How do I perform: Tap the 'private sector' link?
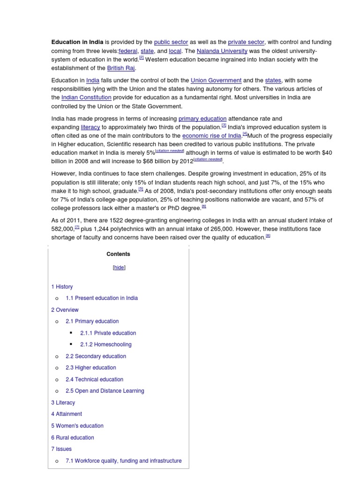246,42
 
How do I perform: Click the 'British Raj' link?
121,68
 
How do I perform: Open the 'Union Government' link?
216,81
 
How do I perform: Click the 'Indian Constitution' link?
86,97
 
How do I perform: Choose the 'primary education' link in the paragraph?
202,119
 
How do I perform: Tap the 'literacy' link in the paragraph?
90,127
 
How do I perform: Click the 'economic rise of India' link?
212,135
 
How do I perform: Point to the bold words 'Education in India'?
77,42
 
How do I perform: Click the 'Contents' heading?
118,254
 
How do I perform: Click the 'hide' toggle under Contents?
119,268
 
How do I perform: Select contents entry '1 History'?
62,287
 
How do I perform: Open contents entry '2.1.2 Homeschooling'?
105,345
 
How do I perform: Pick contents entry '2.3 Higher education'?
90,368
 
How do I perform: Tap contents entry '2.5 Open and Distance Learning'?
105,391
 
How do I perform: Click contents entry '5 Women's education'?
77,426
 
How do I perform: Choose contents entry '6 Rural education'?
73,438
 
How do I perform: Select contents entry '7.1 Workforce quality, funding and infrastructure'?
123,461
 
